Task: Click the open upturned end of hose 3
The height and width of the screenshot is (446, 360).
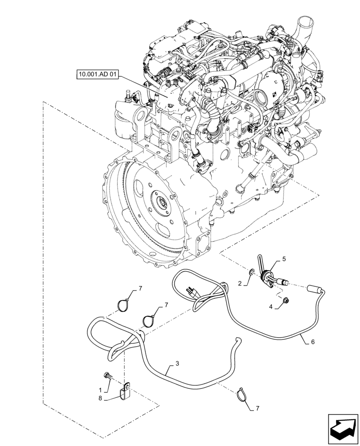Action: (238, 341)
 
